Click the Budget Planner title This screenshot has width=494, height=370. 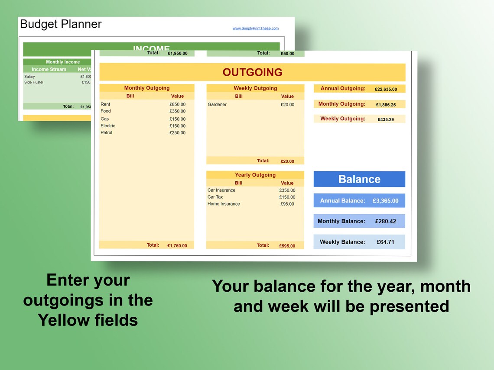61,24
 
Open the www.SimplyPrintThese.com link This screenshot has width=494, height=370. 255,29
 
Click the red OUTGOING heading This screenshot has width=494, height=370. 252,72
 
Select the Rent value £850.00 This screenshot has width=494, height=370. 177,104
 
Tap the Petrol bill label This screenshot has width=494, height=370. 106,133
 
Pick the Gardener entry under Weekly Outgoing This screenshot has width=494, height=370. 217,104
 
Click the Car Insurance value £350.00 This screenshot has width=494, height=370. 287,190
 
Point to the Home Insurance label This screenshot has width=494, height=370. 224,204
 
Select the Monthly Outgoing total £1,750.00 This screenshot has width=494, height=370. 177,246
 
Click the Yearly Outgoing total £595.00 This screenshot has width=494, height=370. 287,246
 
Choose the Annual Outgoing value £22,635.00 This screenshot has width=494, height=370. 386,89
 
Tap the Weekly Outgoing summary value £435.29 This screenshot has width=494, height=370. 386,119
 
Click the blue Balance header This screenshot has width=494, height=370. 359,179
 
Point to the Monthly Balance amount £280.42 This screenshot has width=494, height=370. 386,221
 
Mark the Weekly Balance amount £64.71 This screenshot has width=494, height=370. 386,242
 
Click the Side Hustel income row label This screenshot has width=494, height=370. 34,82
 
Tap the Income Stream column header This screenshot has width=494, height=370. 49,69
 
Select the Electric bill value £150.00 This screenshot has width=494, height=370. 177,126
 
